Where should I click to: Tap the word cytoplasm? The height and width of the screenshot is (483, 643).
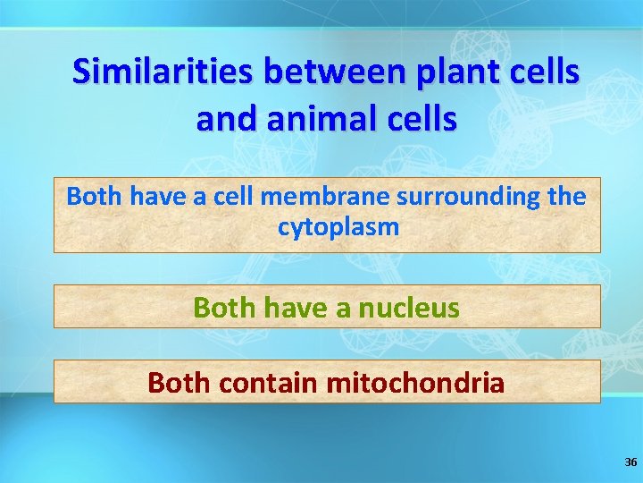coord(338,227)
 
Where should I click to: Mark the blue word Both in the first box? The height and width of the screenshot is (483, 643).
coord(95,196)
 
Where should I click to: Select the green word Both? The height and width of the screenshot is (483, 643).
coord(222,309)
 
